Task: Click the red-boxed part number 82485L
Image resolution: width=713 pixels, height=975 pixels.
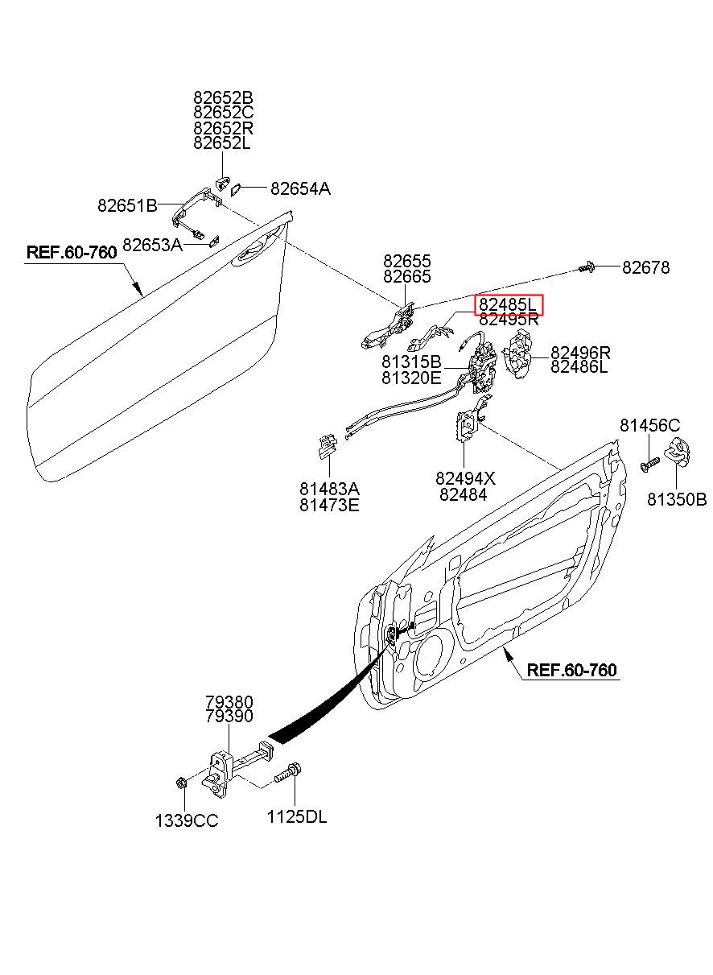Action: [x=509, y=305]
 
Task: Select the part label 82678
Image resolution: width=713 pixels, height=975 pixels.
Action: [x=645, y=267]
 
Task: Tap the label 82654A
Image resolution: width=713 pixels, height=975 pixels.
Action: [x=300, y=189]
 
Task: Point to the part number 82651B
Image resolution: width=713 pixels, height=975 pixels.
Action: [x=127, y=205]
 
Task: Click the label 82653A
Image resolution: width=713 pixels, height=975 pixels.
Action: [x=153, y=244]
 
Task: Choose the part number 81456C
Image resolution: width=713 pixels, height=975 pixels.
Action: [x=649, y=425]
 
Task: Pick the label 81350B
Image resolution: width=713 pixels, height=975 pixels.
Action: [x=677, y=500]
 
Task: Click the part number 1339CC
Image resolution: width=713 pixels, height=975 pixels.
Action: [x=187, y=820]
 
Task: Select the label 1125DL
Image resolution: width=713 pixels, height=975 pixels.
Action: [x=297, y=817]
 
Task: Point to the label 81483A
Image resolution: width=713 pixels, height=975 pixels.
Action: [x=329, y=490]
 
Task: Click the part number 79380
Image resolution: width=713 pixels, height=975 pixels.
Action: [x=229, y=702]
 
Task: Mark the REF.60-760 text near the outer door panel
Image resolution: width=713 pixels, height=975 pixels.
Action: [x=72, y=252]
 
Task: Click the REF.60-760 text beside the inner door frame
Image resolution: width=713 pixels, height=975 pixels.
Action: [x=571, y=670]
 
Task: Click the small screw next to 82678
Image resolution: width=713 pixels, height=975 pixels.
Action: [x=586, y=267]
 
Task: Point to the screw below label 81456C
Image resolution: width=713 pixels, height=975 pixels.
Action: [x=649, y=464]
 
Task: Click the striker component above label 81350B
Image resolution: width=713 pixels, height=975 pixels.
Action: [x=679, y=452]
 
